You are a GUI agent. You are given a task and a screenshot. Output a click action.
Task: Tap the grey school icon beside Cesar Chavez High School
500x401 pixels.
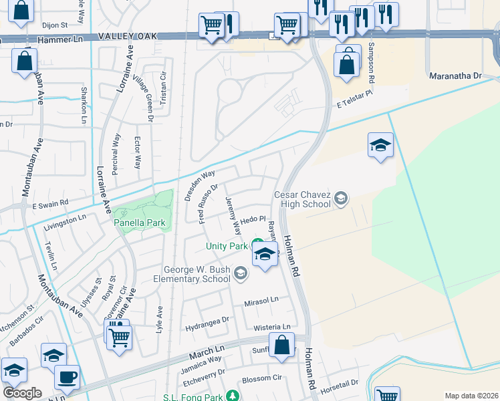(x=341, y=198)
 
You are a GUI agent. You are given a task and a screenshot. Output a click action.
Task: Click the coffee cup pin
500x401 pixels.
(x=67, y=376)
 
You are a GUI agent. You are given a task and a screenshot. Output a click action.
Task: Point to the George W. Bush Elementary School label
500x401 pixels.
(x=192, y=274)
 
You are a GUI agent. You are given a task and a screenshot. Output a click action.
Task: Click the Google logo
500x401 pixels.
(x=22, y=392)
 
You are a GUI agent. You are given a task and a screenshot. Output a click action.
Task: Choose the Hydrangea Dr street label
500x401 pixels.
(x=207, y=319)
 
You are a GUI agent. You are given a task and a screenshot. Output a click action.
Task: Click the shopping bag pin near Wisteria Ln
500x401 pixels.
(x=282, y=346)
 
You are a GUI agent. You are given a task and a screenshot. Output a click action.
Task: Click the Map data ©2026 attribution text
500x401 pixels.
(x=471, y=396)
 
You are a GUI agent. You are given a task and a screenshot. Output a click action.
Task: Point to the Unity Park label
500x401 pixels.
(x=226, y=246)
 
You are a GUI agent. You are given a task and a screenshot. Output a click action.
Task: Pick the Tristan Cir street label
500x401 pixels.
(x=162, y=89)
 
